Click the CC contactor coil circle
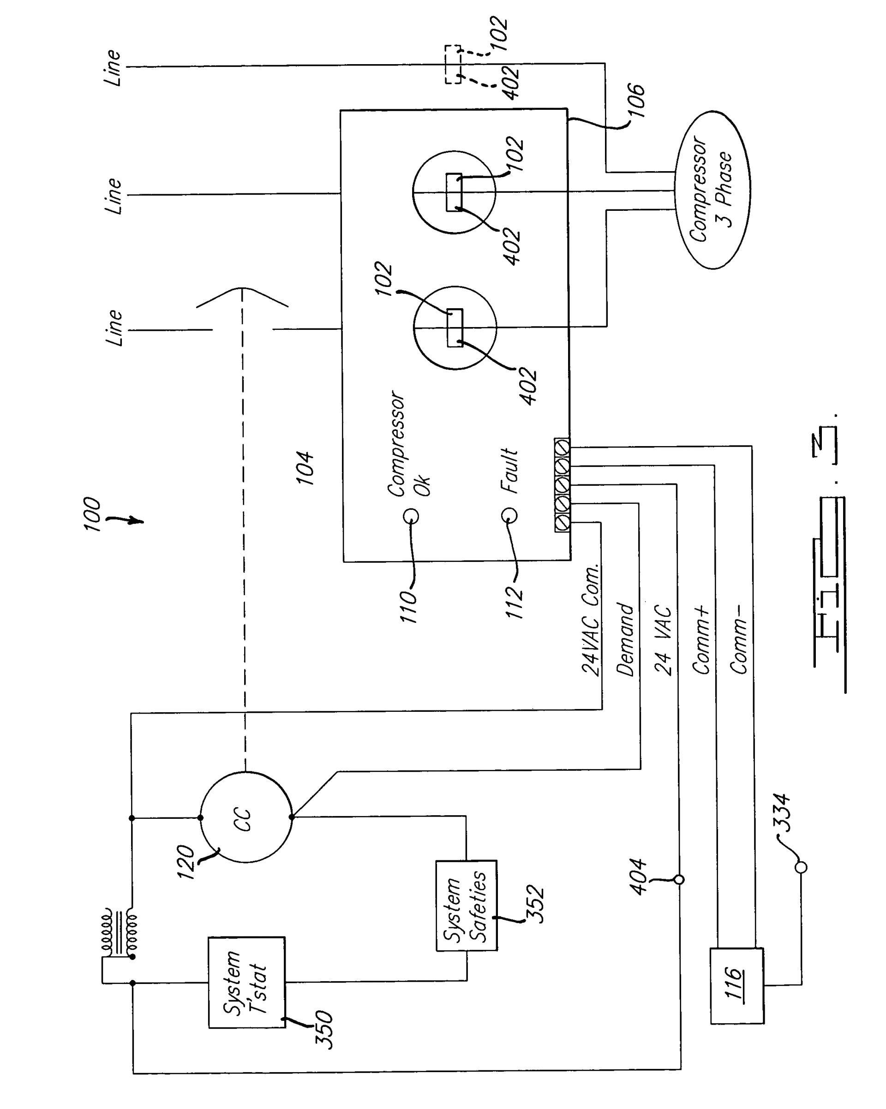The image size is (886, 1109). click(x=245, y=817)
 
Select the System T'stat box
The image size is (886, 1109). click(x=246, y=982)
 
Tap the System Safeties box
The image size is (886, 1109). click(x=466, y=905)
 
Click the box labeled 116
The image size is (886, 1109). click(x=736, y=985)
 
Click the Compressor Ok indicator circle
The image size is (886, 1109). click(x=411, y=515)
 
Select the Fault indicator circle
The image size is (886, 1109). click(x=509, y=515)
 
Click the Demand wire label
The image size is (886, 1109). click(x=626, y=639)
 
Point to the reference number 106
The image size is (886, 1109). click(x=636, y=100)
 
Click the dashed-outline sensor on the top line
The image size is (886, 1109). click(x=453, y=64)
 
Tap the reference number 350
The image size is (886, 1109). click(x=324, y=1030)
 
